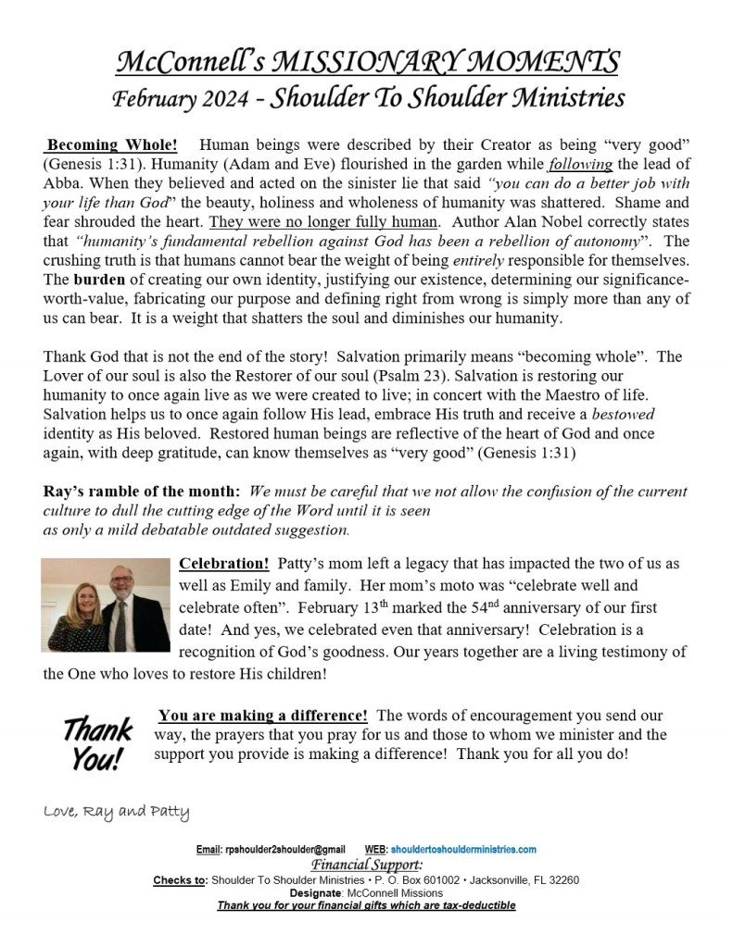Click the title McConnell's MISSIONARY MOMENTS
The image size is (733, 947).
pos(366,62)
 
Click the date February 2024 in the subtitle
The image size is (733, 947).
pos(177,98)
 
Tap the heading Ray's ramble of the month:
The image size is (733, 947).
pos(142,492)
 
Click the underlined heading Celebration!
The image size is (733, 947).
pos(223,564)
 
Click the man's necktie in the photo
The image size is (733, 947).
pos(120,625)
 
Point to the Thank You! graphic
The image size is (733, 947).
pos(97,742)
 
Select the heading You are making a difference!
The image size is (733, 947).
pos(263,716)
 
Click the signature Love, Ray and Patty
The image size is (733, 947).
pos(117,814)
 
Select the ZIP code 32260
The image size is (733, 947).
pos(562,879)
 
